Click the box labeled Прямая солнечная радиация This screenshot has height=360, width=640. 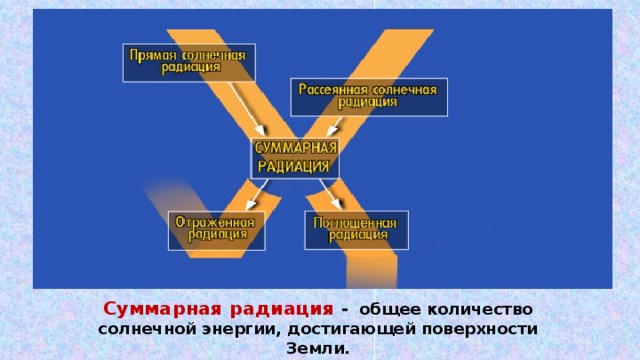click(188, 61)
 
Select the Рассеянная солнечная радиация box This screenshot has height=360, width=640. click(368, 96)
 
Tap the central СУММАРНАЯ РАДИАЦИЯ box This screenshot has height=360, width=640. click(294, 157)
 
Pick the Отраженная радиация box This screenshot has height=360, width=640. click(216, 229)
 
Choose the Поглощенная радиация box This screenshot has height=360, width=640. click(355, 229)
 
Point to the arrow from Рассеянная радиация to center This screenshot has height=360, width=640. click(336, 127)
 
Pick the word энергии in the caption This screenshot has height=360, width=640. click(226, 329)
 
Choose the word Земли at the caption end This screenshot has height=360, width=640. click(317, 349)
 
